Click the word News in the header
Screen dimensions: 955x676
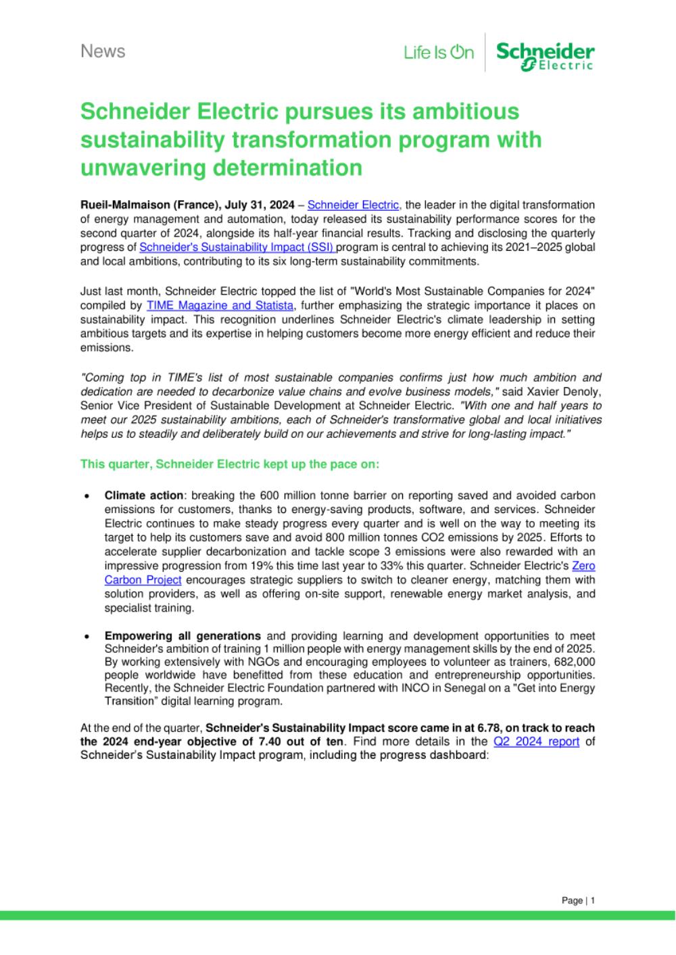point(103,51)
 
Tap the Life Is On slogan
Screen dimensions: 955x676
point(439,52)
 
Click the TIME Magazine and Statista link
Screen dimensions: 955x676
point(219,305)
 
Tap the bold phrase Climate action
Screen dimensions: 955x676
point(143,495)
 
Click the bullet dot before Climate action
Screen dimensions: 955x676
point(87,496)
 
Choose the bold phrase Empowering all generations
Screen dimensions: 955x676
point(183,636)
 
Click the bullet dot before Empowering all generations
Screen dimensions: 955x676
point(87,637)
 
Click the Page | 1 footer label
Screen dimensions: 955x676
point(579,900)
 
